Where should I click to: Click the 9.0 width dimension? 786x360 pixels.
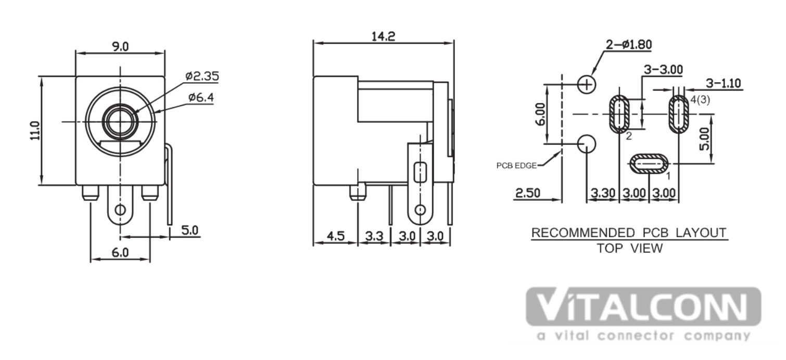click(120, 46)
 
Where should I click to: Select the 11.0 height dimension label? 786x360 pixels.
click(35, 131)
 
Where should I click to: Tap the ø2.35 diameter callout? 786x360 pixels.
click(202, 76)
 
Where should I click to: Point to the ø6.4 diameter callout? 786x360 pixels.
click(201, 97)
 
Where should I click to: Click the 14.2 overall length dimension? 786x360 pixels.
click(383, 36)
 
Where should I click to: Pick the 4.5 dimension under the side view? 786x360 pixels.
click(335, 236)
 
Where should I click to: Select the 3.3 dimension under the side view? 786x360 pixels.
click(374, 236)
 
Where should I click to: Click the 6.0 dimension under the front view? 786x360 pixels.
click(120, 252)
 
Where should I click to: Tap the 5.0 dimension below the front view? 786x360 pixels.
click(189, 230)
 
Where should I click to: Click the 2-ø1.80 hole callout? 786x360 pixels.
click(629, 45)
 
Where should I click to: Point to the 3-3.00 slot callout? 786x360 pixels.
click(663, 69)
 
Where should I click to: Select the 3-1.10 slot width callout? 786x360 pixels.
click(723, 83)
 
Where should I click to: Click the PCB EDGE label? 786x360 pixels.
click(516, 165)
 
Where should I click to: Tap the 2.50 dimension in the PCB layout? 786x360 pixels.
click(527, 193)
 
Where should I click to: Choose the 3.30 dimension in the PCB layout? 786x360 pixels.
click(603, 193)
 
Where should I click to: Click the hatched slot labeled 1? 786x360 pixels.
click(649, 164)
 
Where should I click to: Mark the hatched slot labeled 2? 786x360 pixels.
click(619, 114)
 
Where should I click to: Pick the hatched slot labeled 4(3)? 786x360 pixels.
click(679, 114)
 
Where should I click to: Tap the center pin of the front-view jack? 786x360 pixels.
click(120, 122)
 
